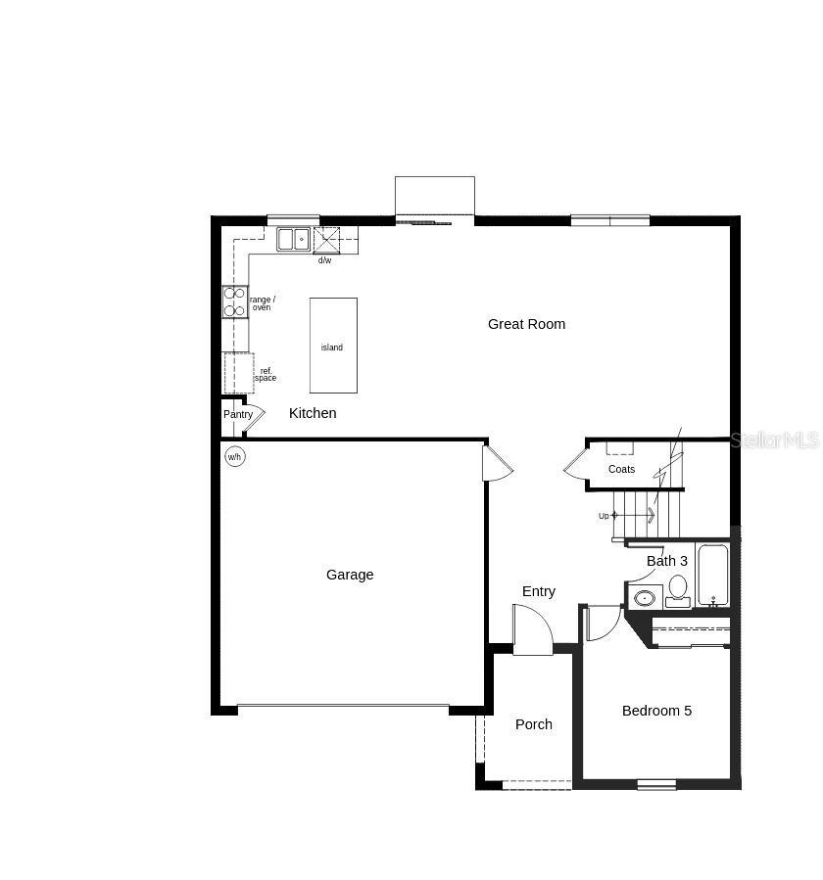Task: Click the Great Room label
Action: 526,324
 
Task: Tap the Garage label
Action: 350,575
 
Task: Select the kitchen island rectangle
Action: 333,346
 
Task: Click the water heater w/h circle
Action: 235,456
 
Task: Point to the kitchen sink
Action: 292,239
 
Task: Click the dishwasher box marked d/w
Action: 326,240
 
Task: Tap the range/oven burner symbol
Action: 234,301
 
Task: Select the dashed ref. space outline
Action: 238,373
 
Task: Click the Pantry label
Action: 238,414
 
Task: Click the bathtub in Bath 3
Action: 713,575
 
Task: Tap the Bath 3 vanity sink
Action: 645,596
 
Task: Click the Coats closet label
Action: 621,469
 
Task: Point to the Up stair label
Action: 604,516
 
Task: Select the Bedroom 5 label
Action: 656,711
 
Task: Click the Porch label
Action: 534,724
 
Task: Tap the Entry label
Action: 539,591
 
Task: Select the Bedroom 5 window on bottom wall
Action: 656,783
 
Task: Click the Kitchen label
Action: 313,413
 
